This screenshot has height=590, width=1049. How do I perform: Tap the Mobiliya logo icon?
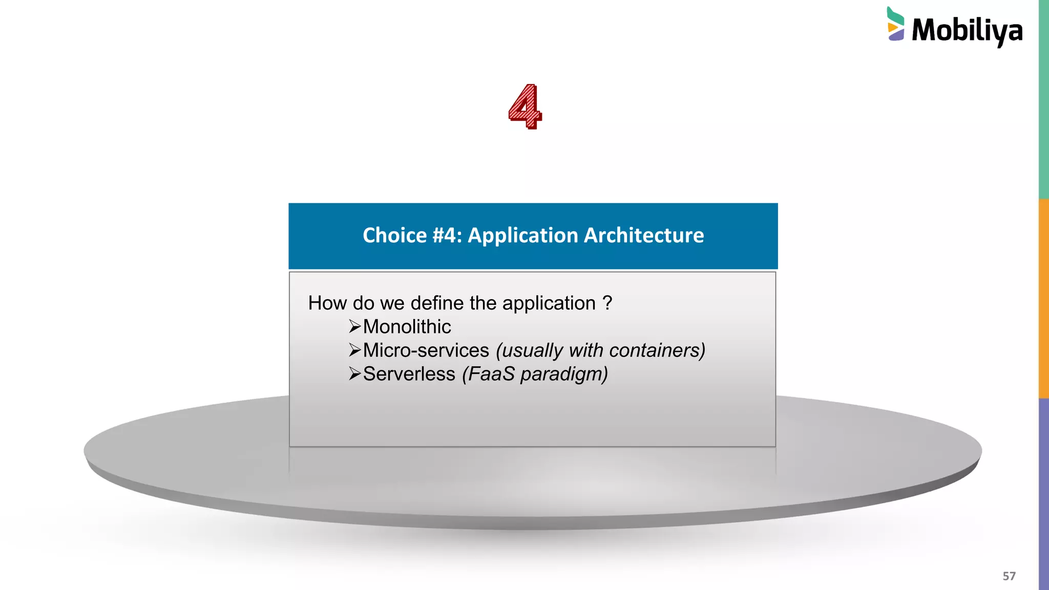coord(895,24)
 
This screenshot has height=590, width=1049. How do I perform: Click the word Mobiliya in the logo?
coord(967,31)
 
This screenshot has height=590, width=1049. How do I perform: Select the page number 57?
coord(1009,576)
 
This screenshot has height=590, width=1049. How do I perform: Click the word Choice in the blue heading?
coord(394,236)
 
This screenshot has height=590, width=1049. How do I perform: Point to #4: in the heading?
coord(447,236)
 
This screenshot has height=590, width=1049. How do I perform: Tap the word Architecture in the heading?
coord(644,236)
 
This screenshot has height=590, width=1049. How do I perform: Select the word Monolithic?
coord(407,327)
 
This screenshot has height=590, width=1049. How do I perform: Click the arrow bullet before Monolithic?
coord(355,326)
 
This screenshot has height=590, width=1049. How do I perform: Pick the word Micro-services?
coord(426,350)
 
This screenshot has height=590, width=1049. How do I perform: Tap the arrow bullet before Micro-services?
coord(355,350)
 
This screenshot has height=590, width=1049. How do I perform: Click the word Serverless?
coord(409,374)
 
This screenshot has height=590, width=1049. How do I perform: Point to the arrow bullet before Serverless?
coord(355,373)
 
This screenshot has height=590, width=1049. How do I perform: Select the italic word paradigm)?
coord(564,374)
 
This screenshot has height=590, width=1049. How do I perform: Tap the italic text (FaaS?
coord(489,374)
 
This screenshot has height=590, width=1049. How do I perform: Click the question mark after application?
coord(607,303)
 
